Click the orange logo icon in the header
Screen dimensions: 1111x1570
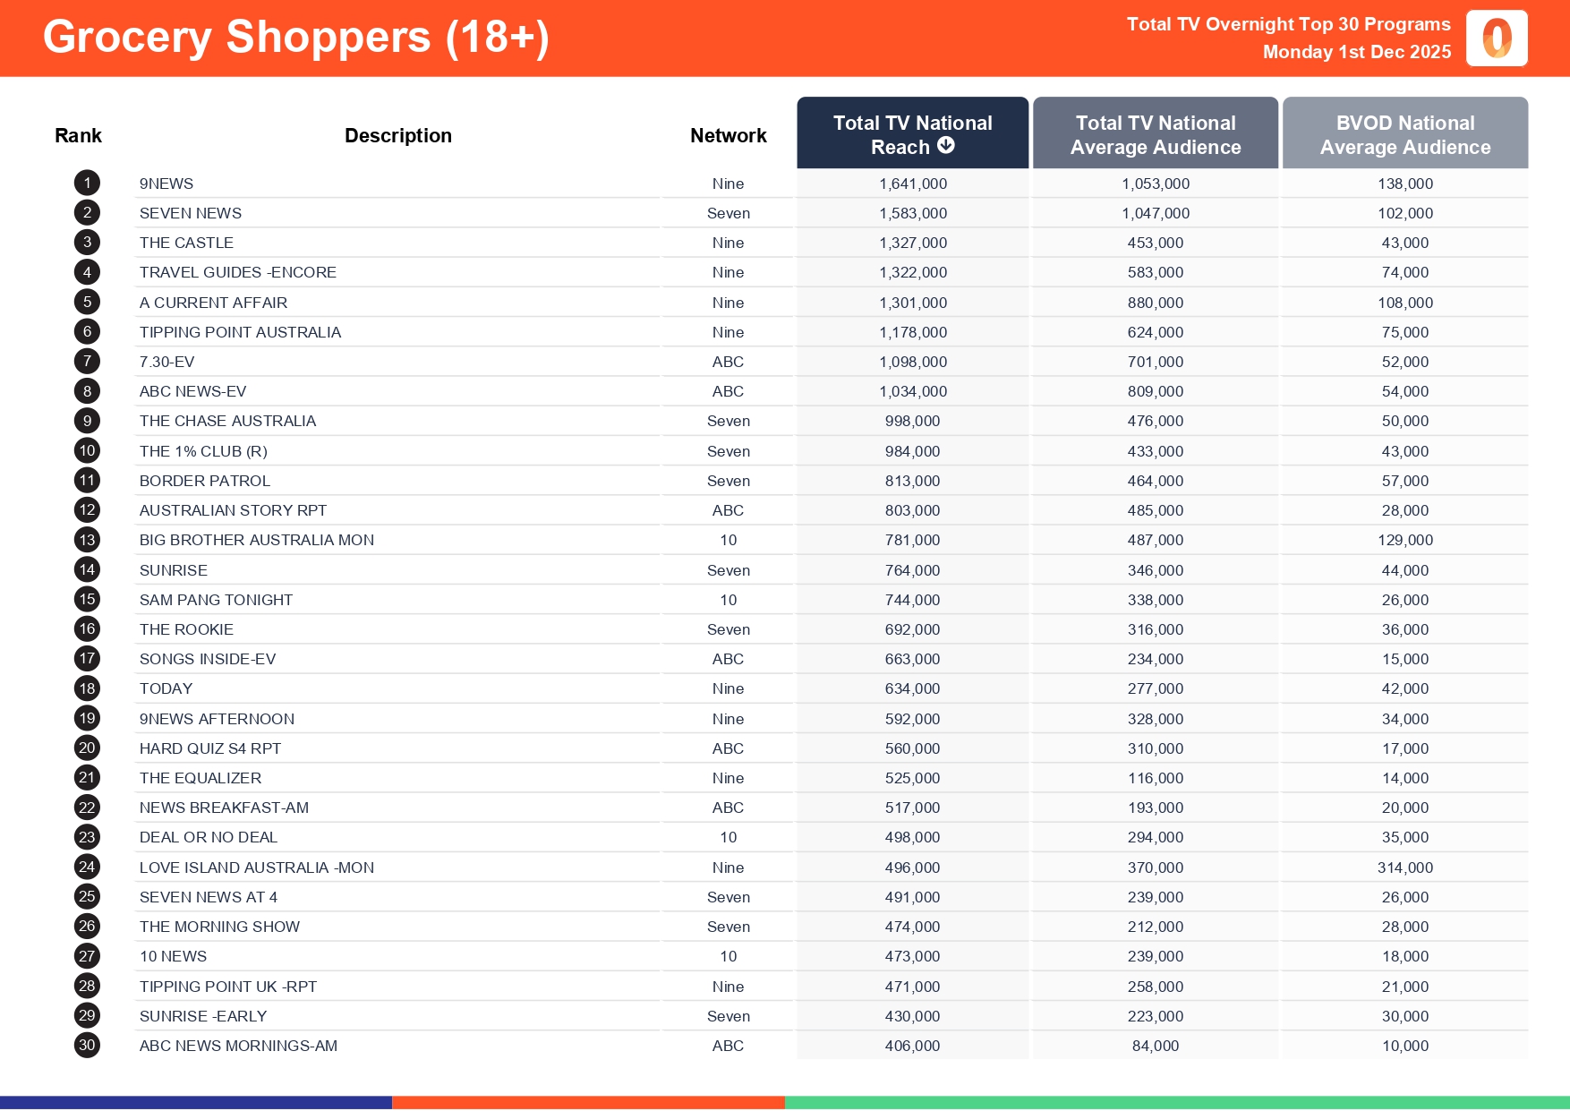[x=1497, y=38]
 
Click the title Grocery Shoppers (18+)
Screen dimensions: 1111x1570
[x=295, y=38]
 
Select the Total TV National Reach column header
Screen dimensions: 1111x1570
[x=912, y=134]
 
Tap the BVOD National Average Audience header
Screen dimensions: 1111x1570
[x=1404, y=134]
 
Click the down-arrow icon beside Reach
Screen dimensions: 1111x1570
[x=946, y=146]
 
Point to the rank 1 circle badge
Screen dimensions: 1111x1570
[x=87, y=184]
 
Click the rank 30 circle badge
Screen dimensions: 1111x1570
[x=87, y=1046]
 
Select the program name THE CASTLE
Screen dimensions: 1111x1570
[x=186, y=243]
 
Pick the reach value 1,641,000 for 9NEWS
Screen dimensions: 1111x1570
[x=912, y=184]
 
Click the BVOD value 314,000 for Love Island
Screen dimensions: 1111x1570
[x=1404, y=867]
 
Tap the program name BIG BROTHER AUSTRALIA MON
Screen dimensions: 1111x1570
[x=257, y=540]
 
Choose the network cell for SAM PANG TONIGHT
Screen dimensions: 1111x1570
[x=728, y=600]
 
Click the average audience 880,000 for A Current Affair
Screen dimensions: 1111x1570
[x=1155, y=303]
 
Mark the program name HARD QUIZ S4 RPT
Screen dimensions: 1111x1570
[x=210, y=748]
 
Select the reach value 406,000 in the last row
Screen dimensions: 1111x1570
[x=912, y=1046]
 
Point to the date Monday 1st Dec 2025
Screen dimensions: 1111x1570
[x=1356, y=52]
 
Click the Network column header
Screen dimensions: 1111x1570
[x=728, y=135]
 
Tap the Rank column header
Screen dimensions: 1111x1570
[x=78, y=135]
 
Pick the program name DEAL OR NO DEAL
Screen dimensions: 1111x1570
[x=209, y=837]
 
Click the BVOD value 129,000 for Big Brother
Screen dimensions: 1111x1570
[x=1404, y=540]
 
